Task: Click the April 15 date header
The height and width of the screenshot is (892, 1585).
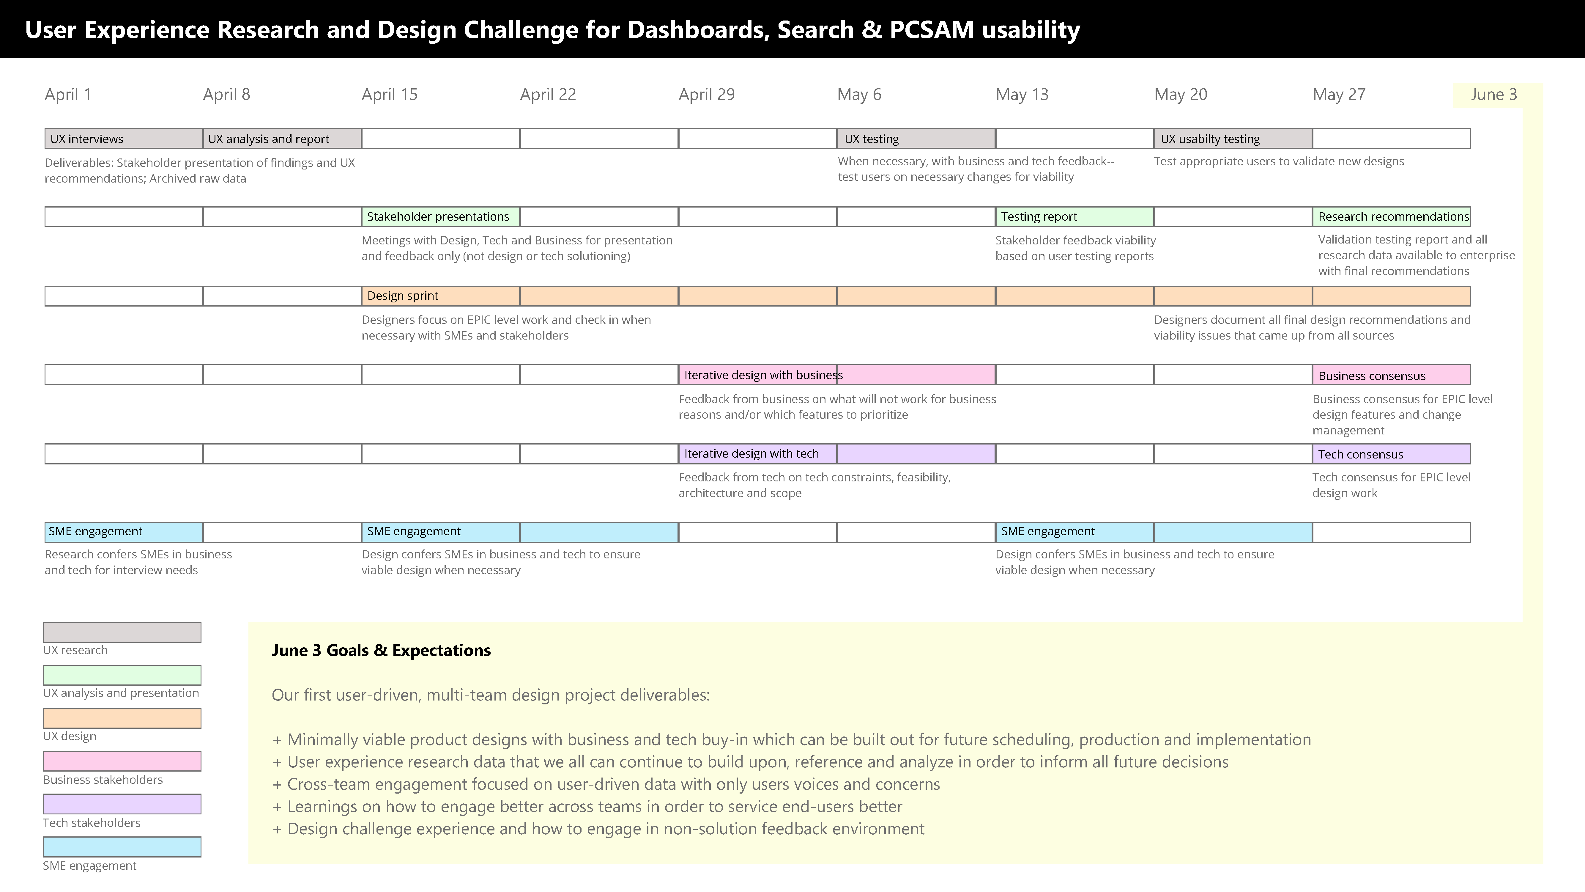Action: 390,94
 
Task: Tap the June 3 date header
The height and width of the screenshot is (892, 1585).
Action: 1494,94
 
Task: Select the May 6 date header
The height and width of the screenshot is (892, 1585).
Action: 859,94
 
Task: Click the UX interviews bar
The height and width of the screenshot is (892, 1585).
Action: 124,139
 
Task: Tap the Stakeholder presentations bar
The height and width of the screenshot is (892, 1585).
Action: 441,217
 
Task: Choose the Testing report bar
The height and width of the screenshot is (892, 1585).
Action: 1074,217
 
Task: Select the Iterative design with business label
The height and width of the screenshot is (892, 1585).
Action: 763,375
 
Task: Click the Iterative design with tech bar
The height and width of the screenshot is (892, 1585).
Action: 837,454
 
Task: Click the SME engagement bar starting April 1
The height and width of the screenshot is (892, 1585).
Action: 124,532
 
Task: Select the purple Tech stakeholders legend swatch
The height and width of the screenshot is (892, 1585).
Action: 122,804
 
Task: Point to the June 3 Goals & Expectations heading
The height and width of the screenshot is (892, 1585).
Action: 381,651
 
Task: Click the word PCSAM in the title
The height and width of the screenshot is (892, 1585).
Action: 932,29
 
